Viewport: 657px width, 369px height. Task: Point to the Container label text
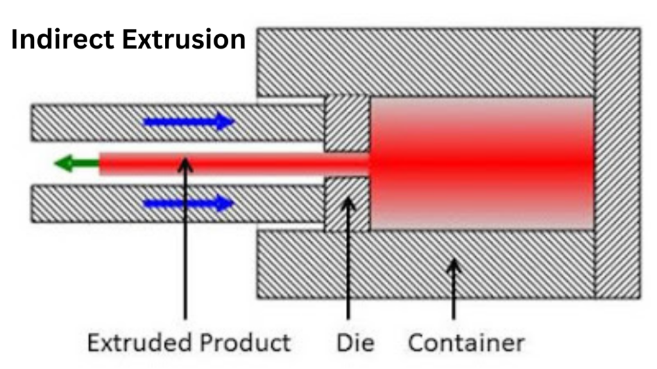[466, 342]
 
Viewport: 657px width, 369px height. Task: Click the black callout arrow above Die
[348, 256]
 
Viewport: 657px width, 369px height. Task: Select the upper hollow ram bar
[128, 122]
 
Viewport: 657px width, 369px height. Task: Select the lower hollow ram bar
[128, 204]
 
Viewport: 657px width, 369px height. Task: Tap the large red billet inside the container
[481, 163]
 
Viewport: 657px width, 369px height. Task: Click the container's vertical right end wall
[617, 163]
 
